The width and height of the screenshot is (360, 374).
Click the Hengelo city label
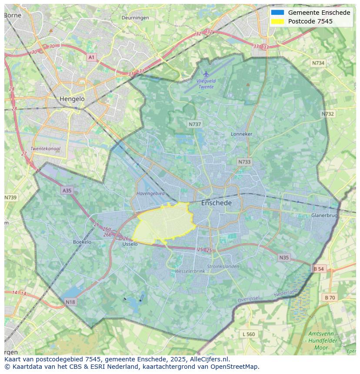click(x=72, y=99)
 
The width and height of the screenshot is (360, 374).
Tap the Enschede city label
click(x=216, y=203)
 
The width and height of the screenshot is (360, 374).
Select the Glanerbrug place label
click(x=324, y=215)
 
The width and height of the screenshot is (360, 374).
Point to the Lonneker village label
click(x=241, y=134)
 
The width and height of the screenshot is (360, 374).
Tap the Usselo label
click(x=130, y=244)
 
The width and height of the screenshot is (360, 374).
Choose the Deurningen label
click(x=135, y=18)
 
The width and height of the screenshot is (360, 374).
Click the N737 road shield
click(x=195, y=124)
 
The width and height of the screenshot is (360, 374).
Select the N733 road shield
click(x=244, y=162)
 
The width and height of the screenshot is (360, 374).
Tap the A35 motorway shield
click(x=67, y=190)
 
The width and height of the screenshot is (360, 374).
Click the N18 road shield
click(x=70, y=301)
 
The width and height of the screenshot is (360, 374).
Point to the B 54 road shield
click(x=319, y=269)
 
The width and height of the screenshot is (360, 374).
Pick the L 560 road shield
click(x=249, y=334)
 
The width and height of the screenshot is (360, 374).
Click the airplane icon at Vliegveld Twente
click(x=206, y=74)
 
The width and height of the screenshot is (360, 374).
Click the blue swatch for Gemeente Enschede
click(x=277, y=13)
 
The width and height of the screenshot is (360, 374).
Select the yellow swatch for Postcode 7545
click(x=277, y=21)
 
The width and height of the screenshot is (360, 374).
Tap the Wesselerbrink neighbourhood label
click(x=190, y=271)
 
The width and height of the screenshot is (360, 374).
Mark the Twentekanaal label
click(x=45, y=149)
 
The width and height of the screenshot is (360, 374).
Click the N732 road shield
click(x=328, y=114)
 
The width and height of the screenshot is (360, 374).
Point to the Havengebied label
click(x=150, y=193)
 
